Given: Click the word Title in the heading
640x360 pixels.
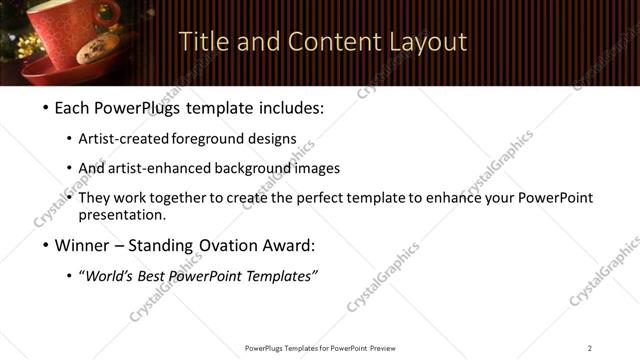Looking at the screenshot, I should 200,42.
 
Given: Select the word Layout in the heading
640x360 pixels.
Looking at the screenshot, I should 427,42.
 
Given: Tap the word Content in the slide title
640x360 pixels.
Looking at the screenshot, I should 325,42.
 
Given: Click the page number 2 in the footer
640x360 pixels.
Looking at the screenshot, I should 589,348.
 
